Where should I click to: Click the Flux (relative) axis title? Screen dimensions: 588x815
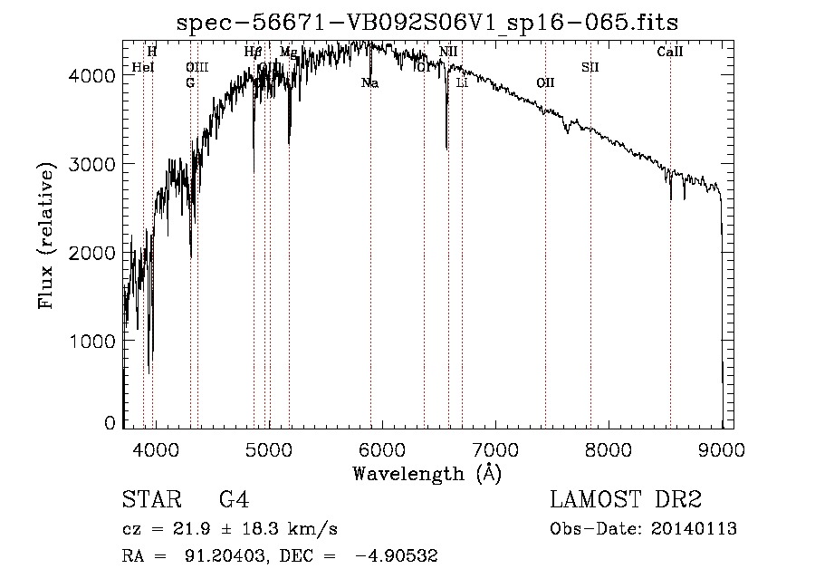click(x=46, y=233)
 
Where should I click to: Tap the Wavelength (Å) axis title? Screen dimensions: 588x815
click(x=427, y=473)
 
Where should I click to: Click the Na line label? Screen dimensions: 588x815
click(x=369, y=83)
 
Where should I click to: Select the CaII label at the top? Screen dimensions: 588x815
click(x=670, y=53)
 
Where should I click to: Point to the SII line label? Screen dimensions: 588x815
click(x=590, y=67)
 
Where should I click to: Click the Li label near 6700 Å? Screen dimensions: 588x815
click(x=462, y=83)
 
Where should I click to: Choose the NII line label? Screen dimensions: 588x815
click(x=448, y=53)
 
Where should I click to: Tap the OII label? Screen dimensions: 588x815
click(x=545, y=83)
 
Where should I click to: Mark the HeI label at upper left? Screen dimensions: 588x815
click(x=143, y=67)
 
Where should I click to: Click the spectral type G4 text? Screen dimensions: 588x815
click(x=235, y=500)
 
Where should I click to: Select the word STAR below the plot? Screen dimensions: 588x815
click(x=150, y=500)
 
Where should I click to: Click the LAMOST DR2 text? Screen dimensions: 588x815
click(x=625, y=500)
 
